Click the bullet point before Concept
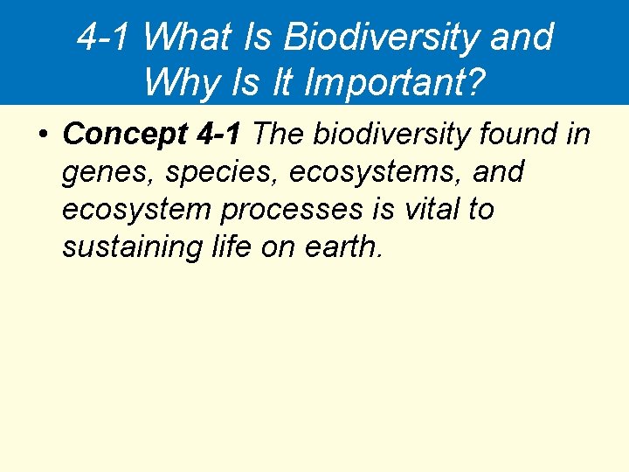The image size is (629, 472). tap(43, 135)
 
